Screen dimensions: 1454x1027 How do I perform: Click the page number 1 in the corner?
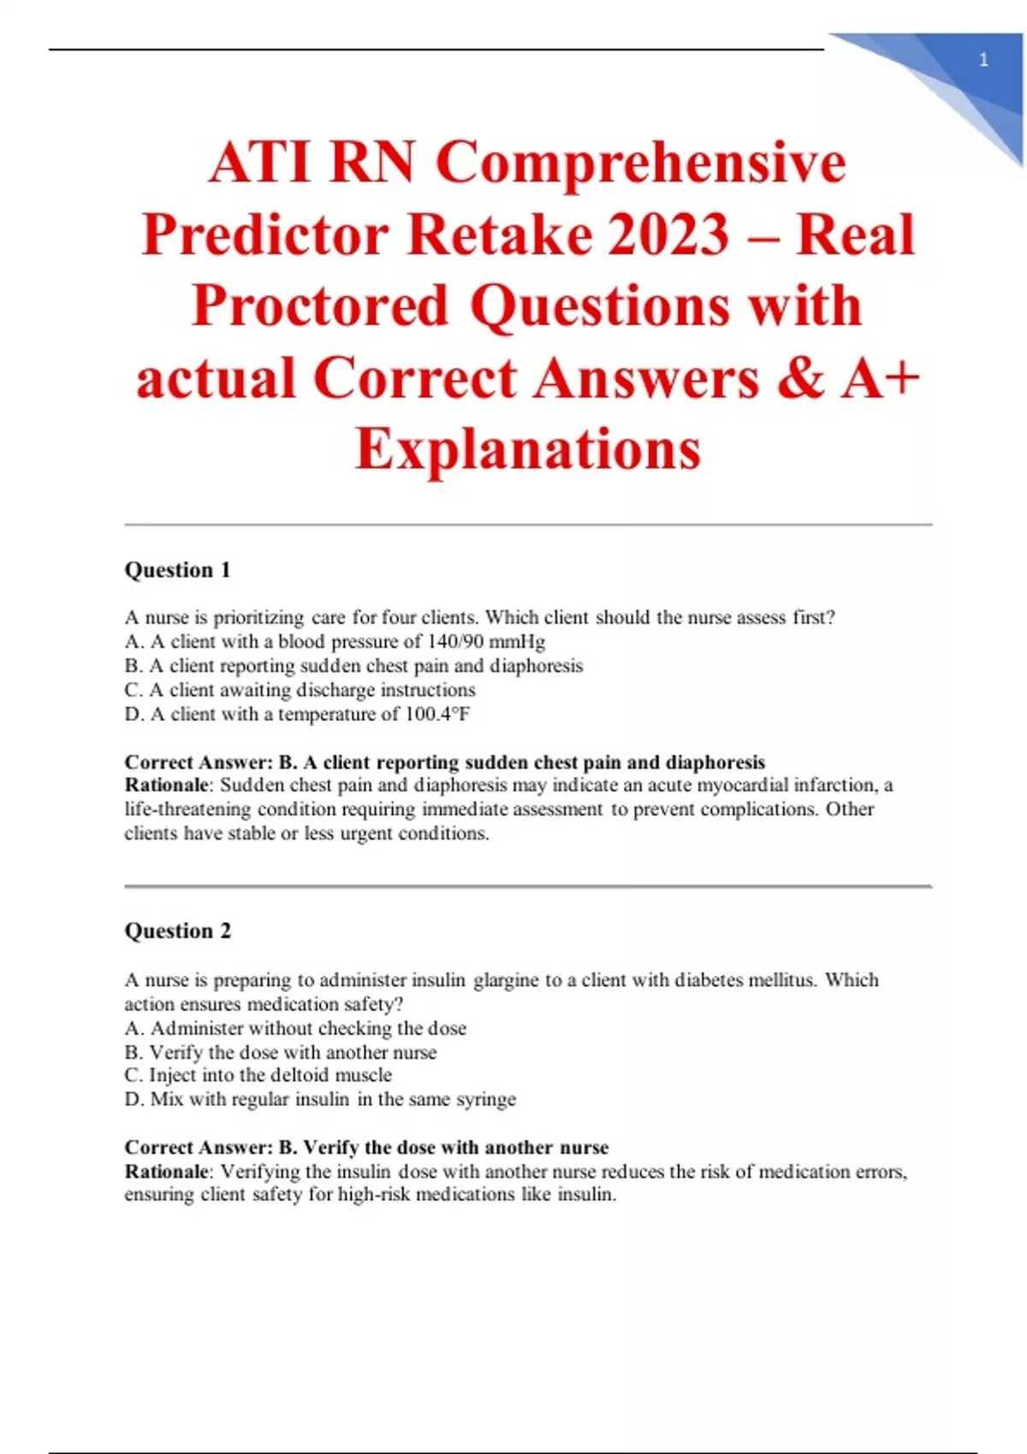pos(983,60)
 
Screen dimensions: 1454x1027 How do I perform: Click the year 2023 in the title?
pos(668,235)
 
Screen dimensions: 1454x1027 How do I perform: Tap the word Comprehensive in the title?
pos(641,163)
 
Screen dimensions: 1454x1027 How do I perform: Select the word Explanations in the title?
pos(528,450)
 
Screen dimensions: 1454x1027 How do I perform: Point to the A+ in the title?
pos(880,378)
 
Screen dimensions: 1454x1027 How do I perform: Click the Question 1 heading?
pos(178,570)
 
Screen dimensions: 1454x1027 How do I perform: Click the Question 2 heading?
pos(178,931)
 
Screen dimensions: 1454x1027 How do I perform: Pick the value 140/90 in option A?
pos(454,641)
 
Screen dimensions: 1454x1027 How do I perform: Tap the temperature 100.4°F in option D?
pos(437,714)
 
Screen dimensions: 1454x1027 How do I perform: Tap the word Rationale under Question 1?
pos(166,785)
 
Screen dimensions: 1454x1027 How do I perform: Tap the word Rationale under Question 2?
pos(166,1172)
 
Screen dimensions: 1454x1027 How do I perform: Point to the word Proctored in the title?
pos(320,306)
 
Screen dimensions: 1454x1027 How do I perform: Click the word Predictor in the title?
pos(265,235)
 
